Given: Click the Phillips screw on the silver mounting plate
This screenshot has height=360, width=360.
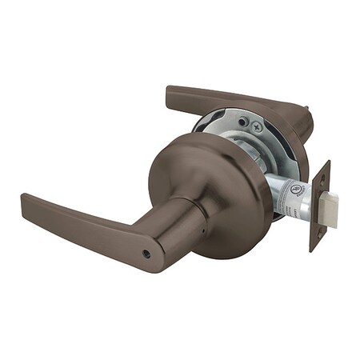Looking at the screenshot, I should tap(255, 126).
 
